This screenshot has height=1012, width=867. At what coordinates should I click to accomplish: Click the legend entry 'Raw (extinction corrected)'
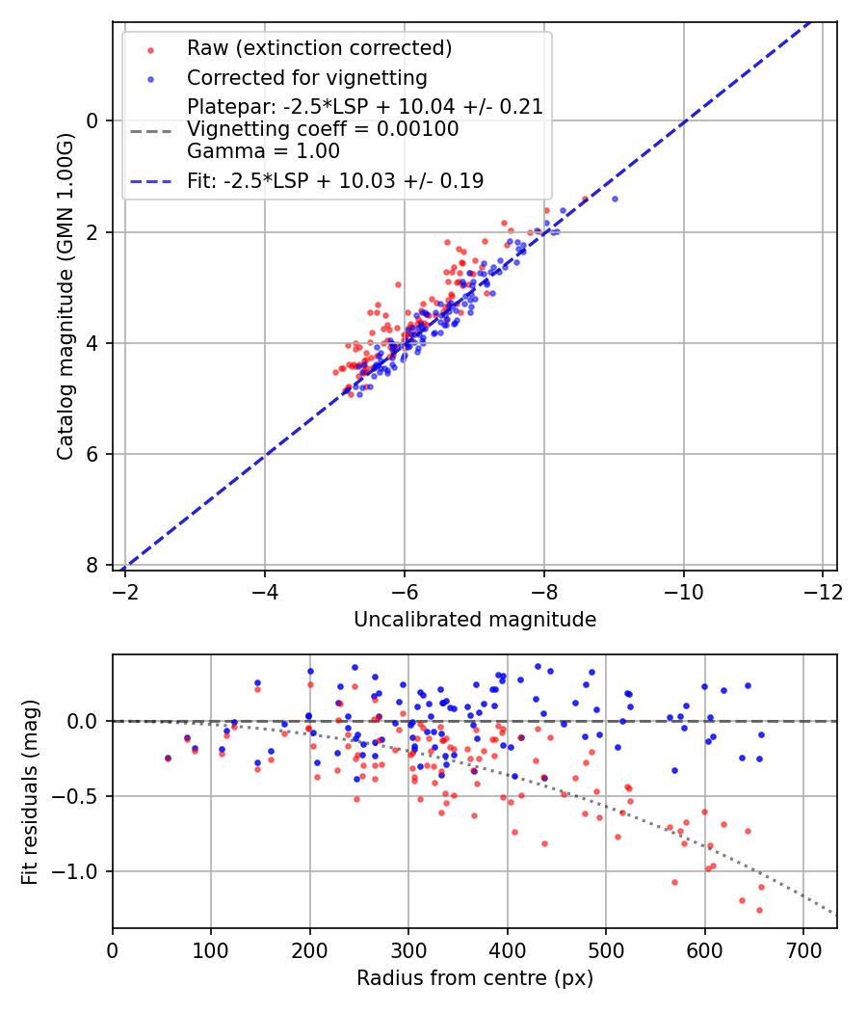[319, 48]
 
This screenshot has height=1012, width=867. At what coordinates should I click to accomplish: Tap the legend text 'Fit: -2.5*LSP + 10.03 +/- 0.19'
[335, 180]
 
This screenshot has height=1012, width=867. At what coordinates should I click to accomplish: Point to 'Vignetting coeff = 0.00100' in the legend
[323, 129]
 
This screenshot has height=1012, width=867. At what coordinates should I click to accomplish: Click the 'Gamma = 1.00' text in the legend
[263, 150]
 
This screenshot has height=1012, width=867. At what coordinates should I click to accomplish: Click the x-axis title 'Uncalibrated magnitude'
[475, 620]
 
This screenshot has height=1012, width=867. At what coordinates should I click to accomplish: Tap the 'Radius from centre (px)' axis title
[475, 978]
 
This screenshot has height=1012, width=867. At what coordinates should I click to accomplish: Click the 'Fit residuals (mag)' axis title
[30, 791]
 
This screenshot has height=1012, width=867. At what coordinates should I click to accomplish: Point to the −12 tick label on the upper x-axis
[822, 589]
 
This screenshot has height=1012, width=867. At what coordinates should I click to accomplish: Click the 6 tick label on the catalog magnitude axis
[93, 454]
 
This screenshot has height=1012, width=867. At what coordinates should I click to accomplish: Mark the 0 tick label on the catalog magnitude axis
[93, 120]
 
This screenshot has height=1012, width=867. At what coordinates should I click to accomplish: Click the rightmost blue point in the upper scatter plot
[615, 199]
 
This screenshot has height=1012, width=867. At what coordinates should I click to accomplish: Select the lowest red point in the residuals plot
[759, 910]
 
